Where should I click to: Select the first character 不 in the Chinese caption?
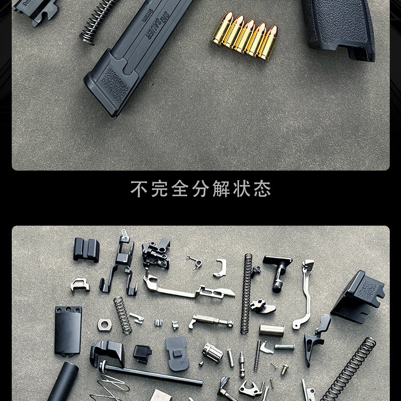tap(138, 189)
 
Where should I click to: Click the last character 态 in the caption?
tap(263, 189)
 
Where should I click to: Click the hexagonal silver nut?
tap(104, 324)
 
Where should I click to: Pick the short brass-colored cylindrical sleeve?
tap(271, 330)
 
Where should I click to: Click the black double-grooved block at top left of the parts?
tap(86, 249)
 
